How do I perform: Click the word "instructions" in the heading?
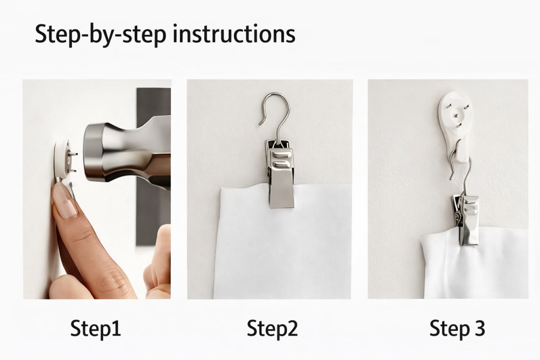234,34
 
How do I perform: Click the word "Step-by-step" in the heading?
100,35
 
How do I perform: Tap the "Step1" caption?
95,329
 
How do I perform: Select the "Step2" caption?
272,329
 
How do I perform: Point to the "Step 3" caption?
457,329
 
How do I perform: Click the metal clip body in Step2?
281,173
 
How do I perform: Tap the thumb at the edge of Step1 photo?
158,263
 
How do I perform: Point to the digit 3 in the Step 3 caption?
479,328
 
